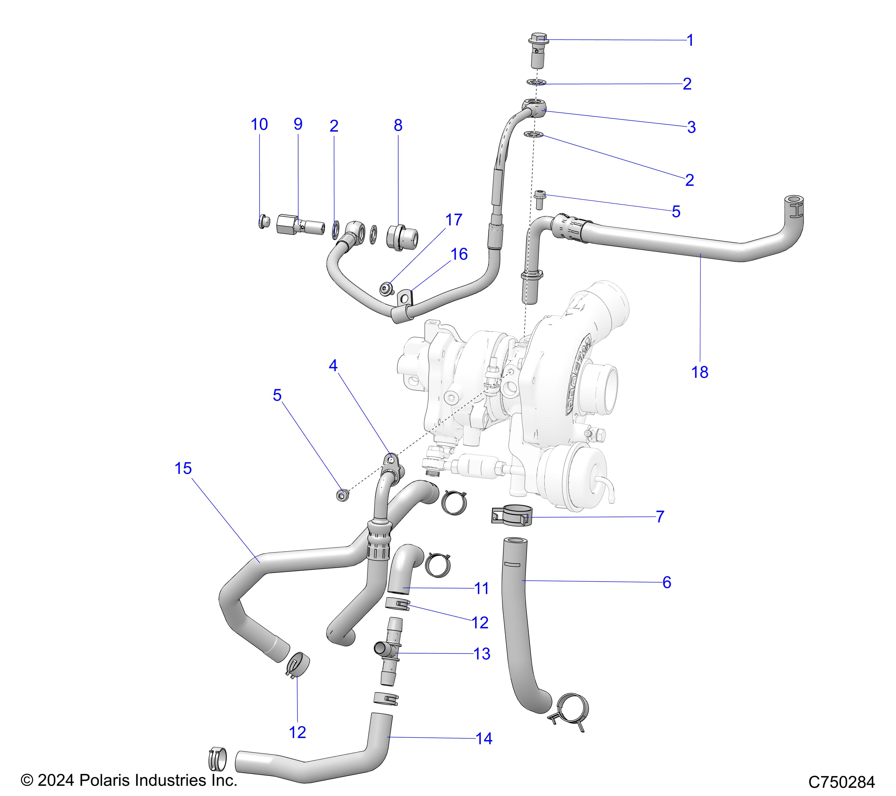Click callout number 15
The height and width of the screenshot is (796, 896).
pyautogui.click(x=183, y=468)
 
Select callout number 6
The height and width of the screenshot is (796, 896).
pyautogui.click(x=667, y=582)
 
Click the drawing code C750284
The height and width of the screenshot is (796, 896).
pyautogui.click(x=842, y=781)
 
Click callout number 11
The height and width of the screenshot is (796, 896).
pyautogui.click(x=482, y=588)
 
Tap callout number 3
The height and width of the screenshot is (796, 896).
pyautogui.click(x=691, y=127)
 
